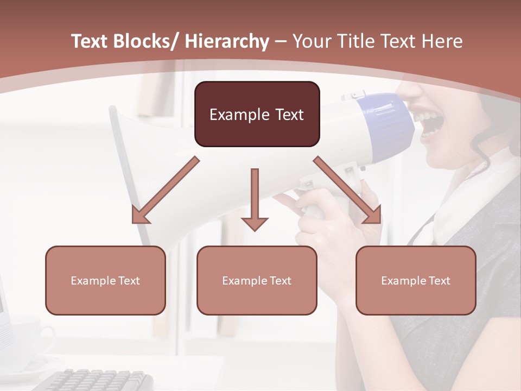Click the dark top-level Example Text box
[x=257, y=114]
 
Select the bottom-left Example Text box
[x=105, y=280]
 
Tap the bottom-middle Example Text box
[x=257, y=280]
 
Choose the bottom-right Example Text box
[x=416, y=280]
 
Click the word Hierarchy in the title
[x=227, y=42]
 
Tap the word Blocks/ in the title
[x=147, y=42]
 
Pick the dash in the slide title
[x=281, y=42]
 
